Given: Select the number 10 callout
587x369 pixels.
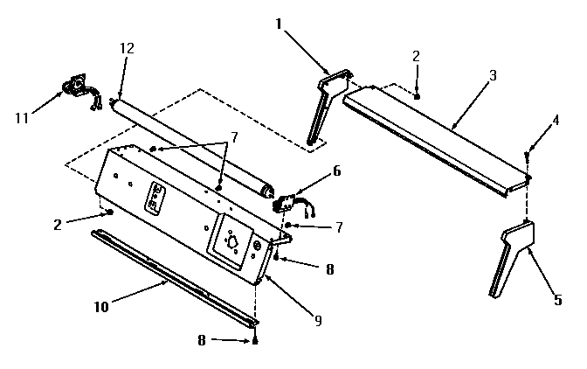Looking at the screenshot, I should click(x=103, y=307).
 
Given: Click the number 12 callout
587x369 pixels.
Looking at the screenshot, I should click(x=128, y=49).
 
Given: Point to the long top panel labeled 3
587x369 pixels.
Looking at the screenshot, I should click(x=437, y=140).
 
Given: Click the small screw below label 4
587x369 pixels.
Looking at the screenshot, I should click(x=528, y=157).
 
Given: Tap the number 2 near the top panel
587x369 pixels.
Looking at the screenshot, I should click(x=417, y=57).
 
